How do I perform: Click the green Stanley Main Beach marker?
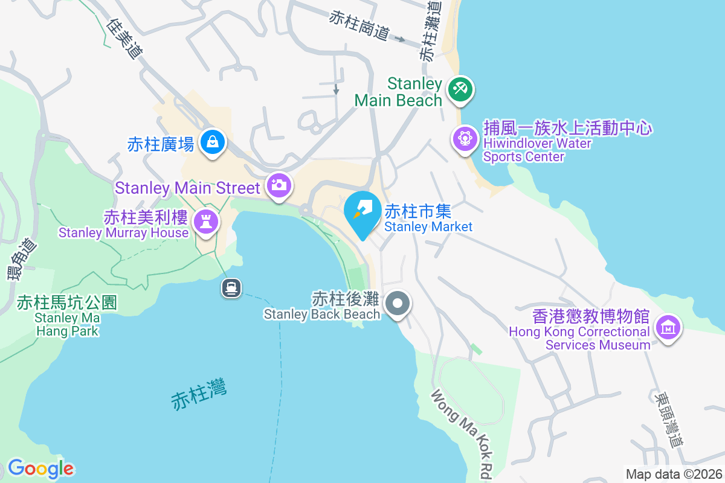460,90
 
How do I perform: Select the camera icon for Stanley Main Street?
279,185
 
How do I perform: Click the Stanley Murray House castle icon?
206,222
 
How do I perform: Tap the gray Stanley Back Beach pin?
398,303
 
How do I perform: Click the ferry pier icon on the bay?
231,287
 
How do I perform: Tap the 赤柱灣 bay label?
199,395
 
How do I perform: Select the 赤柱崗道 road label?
359,26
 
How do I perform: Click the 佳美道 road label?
124,37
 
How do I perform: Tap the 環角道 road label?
21,260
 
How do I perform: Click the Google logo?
40,469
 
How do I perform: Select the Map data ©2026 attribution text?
673,474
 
